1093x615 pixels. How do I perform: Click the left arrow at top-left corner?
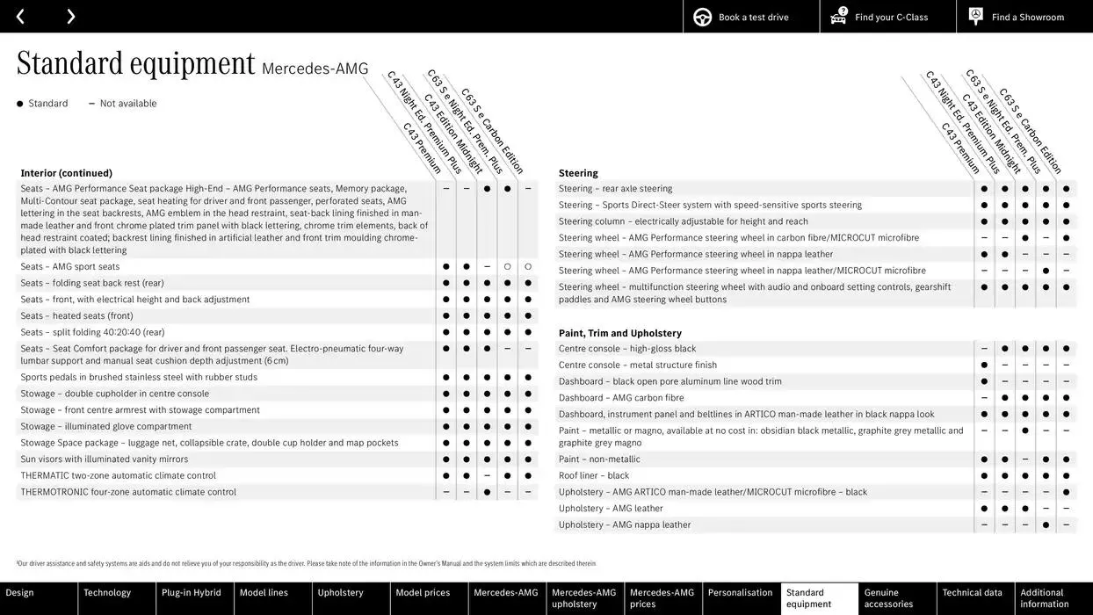click(x=20, y=17)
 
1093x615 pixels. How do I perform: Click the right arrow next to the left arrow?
click(x=70, y=17)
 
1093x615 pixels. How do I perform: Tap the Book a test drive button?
click(x=751, y=17)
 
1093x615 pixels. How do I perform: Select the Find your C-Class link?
click(x=887, y=17)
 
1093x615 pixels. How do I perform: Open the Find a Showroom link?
click(x=1024, y=17)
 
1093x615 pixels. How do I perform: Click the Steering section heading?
click(x=578, y=173)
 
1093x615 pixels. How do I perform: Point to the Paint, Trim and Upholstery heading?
click(x=619, y=333)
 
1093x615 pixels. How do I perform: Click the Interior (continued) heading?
click(x=67, y=173)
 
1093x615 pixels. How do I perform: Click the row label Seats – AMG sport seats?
click(x=70, y=266)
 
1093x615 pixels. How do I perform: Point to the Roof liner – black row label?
click(x=594, y=475)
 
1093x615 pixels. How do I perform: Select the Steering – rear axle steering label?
click(x=615, y=188)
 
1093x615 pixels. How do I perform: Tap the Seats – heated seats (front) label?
click(x=77, y=315)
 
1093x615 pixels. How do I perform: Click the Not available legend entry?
click(x=127, y=104)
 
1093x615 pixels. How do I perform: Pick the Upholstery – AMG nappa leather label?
click(x=625, y=525)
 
